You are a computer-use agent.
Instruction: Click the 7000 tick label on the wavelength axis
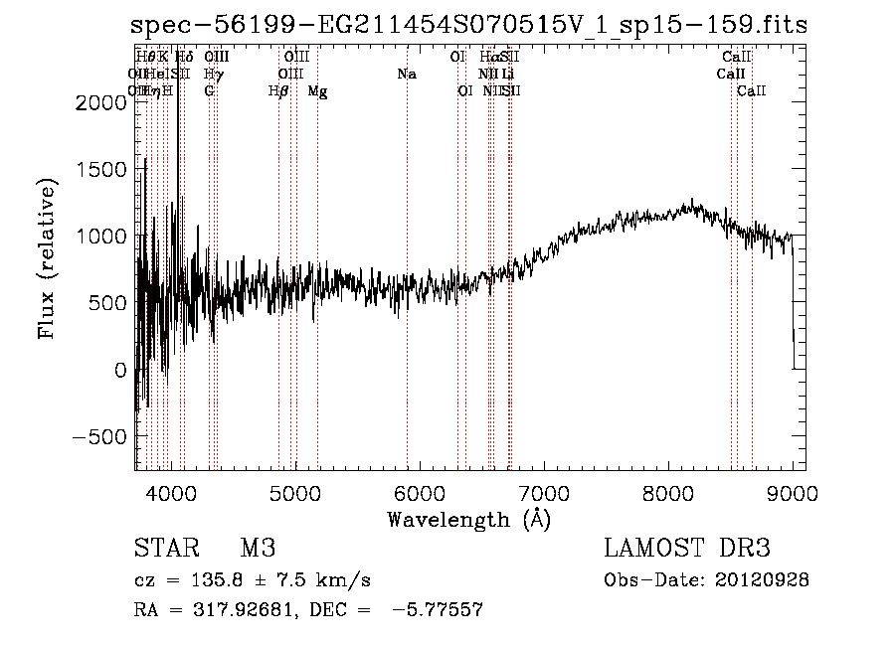(544, 492)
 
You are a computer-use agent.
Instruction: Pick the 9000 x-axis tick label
(794, 492)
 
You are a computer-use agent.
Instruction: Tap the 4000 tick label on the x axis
(171, 492)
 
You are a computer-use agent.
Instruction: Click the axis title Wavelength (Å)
(468, 519)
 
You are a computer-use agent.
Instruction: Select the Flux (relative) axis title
(47, 257)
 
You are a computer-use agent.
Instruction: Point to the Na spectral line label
(406, 75)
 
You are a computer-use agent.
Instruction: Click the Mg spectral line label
(317, 91)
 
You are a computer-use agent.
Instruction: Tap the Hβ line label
(278, 91)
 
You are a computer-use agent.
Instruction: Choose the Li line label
(508, 75)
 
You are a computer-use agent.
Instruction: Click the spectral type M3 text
(258, 549)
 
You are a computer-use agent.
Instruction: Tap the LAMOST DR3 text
(686, 549)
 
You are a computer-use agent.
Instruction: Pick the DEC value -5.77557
(438, 610)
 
